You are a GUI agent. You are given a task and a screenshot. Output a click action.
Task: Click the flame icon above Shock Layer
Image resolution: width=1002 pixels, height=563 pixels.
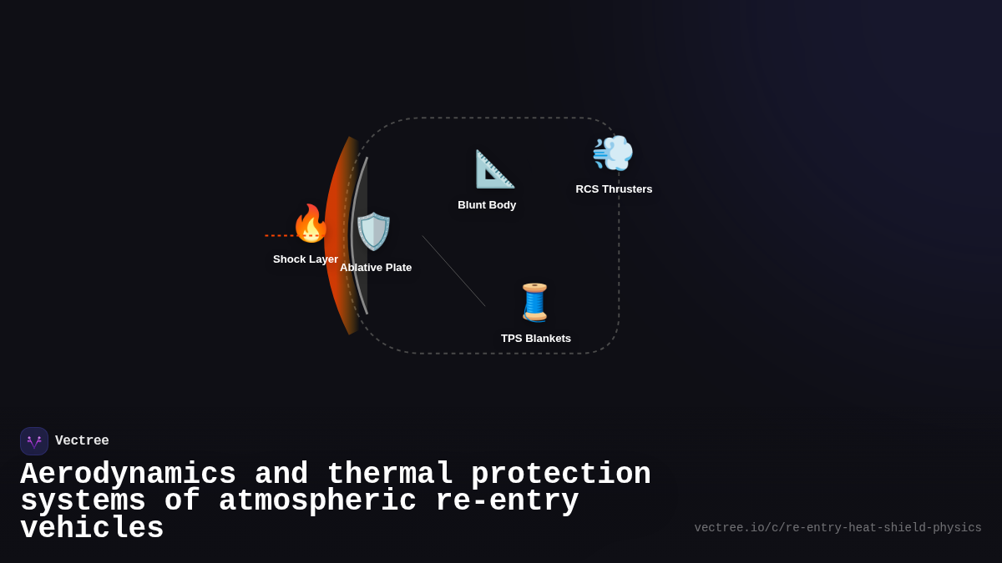point(311,224)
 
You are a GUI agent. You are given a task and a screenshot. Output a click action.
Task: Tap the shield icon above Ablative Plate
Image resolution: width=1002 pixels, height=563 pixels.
point(373,231)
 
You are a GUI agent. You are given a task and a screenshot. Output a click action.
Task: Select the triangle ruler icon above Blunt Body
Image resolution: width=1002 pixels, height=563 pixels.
point(494,168)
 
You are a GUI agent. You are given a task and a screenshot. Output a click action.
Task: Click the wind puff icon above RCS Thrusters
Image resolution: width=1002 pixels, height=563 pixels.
point(613,153)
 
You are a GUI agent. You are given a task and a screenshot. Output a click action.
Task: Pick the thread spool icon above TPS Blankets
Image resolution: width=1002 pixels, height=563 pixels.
point(534,302)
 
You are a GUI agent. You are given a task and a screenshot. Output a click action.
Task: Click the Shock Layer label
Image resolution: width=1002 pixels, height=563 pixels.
point(306,259)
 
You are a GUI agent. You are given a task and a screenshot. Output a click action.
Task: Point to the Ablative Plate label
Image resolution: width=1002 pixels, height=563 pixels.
point(376,268)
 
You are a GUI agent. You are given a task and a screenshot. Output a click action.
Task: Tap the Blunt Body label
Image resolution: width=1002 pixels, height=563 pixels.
point(487,205)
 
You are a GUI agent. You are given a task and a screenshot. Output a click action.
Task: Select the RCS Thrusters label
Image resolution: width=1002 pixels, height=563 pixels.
point(614,189)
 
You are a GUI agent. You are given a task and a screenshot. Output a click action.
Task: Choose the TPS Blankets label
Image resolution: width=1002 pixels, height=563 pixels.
point(536,339)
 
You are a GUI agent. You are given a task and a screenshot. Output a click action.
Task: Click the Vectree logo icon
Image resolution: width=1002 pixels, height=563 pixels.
point(34,441)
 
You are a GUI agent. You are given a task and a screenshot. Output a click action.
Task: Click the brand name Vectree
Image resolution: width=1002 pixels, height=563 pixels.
point(82,441)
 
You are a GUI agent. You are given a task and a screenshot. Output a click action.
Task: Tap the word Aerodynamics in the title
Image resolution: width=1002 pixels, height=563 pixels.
point(128,475)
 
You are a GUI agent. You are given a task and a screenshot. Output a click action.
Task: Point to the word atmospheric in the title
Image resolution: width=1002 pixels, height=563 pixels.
point(317,501)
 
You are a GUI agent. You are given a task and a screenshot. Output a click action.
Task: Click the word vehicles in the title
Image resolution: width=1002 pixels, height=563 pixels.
point(92,529)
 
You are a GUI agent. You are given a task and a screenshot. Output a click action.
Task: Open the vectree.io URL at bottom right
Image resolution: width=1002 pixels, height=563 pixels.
point(838,528)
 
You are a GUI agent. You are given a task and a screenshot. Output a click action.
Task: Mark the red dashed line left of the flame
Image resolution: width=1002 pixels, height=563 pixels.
point(279,235)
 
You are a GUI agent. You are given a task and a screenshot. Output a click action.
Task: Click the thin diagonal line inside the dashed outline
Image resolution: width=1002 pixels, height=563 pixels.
point(453,270)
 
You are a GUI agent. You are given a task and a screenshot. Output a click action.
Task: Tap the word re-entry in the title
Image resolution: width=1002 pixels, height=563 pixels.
point(507,501)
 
